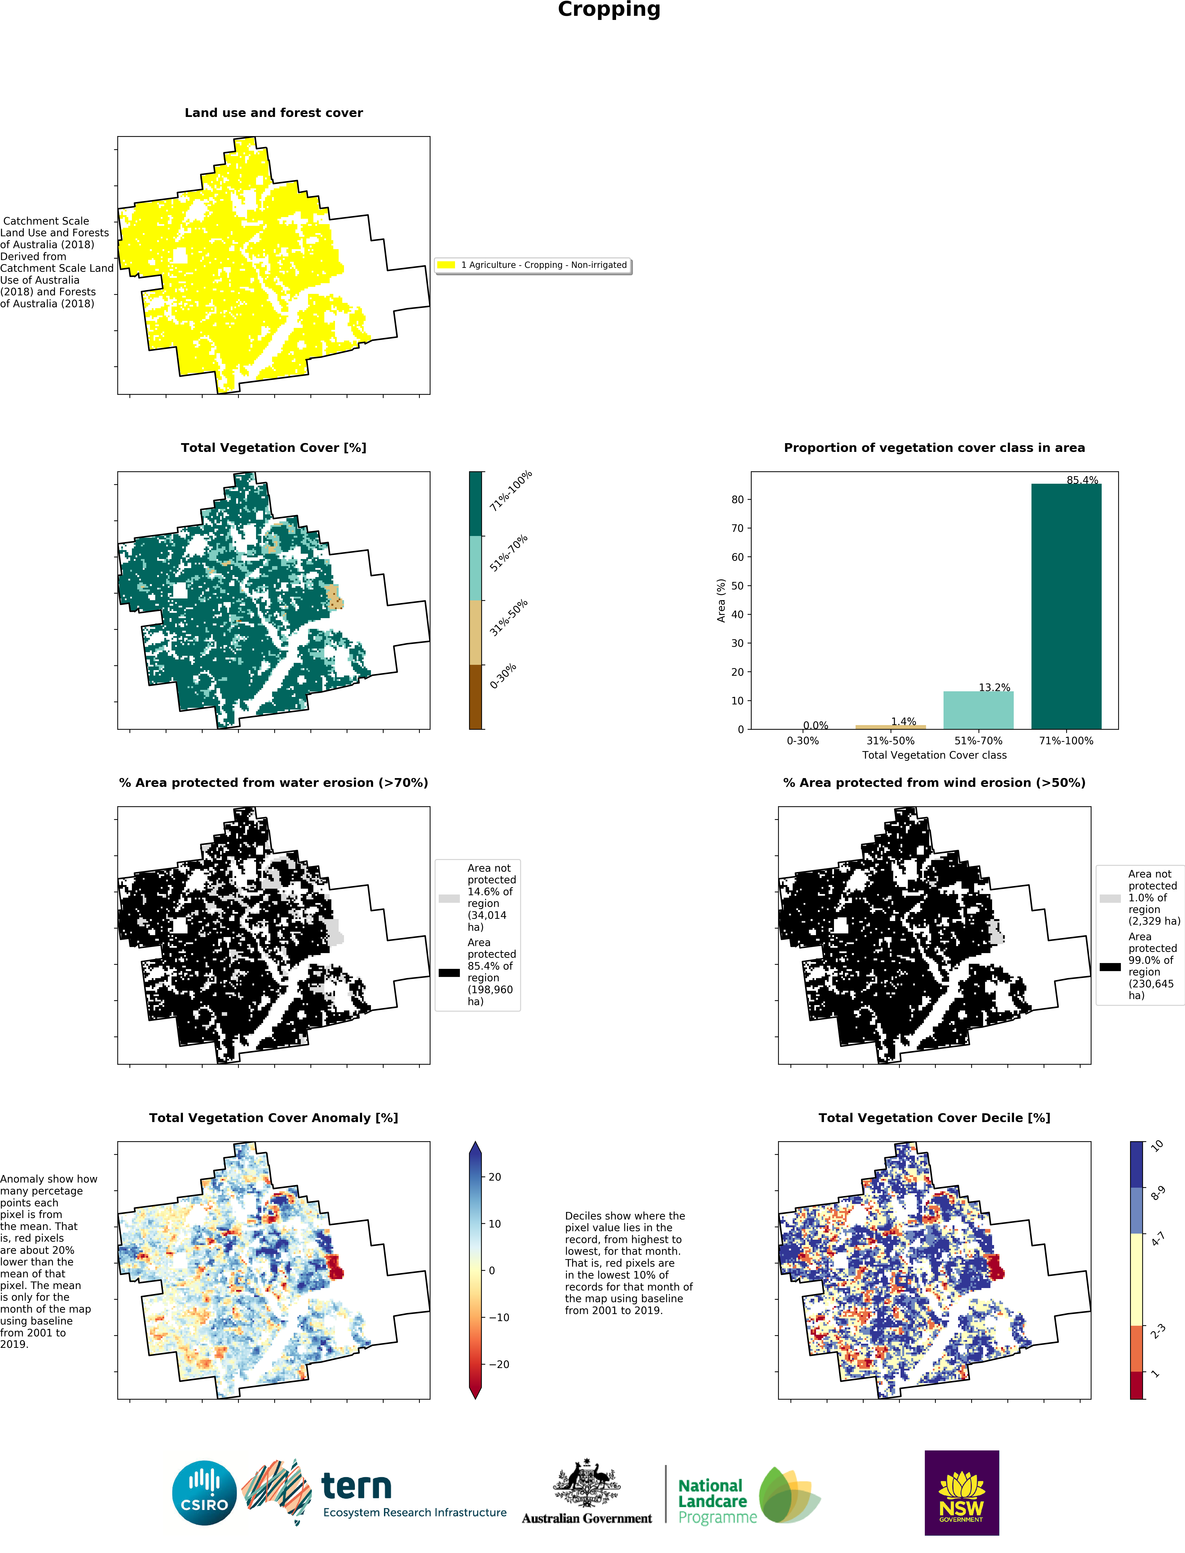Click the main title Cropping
click(x=609, y=10)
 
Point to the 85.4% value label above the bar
click(x=1082, y=480)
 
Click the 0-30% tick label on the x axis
click(x=803, y=741)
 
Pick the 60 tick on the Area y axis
click(x=737, y=557)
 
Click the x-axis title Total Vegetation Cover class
click(x=934, y=755)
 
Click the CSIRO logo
click(x=205, y=1492)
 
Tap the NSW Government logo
click(x=962, y=1492)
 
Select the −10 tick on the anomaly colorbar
click(x=498, y=1317)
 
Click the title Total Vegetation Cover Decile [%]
click(x=934, y=1118)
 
